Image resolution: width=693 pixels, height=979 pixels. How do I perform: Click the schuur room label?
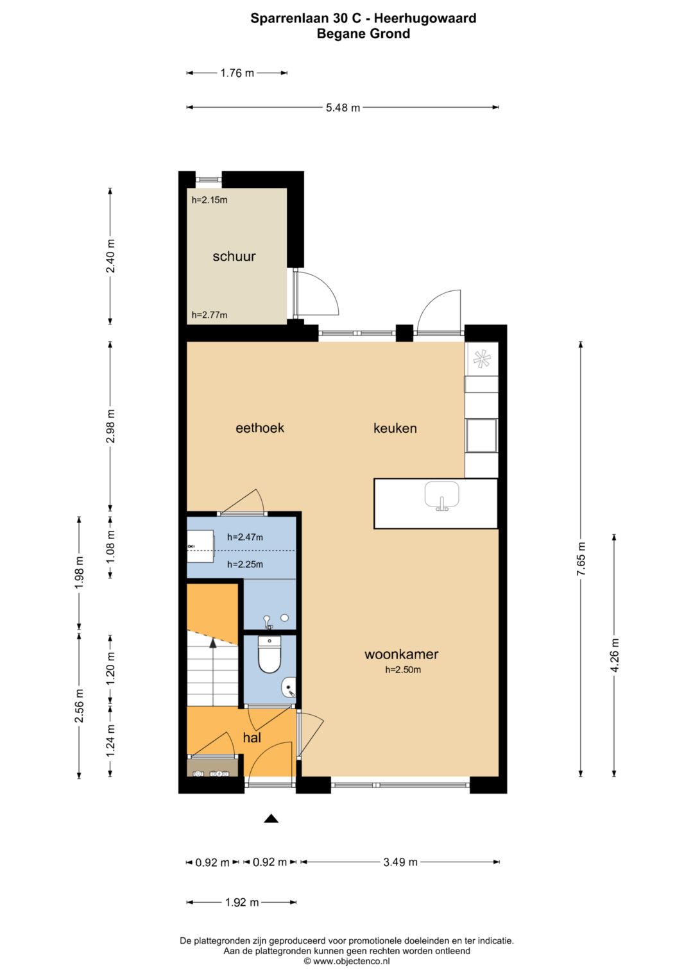[234, 256]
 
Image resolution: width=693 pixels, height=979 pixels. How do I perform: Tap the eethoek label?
[260, 428]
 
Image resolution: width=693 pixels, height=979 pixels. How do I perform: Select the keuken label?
[395, 428]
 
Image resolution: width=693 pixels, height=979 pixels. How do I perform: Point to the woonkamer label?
[401, 654]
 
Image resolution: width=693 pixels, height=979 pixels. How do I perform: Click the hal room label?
[252, 738]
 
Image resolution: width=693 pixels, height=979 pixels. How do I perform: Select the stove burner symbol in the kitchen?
[482, 360]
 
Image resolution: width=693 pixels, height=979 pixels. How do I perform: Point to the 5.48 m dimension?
[343, 107]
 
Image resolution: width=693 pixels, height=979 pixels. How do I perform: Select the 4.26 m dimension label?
[615, 656]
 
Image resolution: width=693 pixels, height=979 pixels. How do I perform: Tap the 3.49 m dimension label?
[400, 862]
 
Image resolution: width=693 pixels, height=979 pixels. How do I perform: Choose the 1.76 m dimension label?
[237, 73]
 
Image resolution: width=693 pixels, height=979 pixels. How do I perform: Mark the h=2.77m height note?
[210, 315]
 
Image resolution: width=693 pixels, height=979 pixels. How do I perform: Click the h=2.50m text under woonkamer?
[403, 669]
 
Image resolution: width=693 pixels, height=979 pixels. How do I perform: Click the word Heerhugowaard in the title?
[425, 19]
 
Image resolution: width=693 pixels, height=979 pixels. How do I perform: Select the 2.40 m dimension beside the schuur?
[110, 256]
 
